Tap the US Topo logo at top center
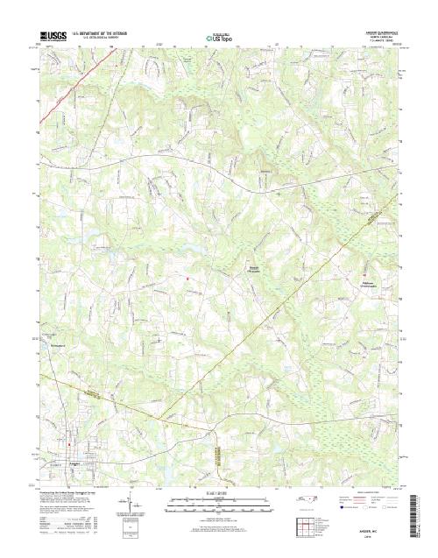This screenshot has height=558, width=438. [219, 37]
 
